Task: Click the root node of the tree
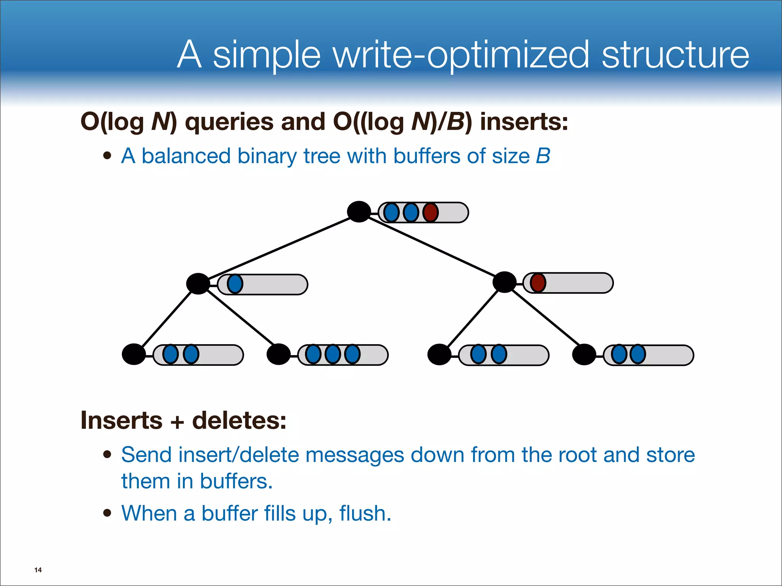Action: [x=359, y=212]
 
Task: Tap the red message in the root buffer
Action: [x=431, y=213]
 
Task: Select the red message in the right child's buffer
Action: [x=538, y=283]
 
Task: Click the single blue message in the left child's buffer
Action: [x=235, y=284]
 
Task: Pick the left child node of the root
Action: [x=198, y=284]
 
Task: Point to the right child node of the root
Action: [x=504, y=282]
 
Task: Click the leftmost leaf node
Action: [x=134, y=354]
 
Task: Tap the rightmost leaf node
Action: [x=584, y=354]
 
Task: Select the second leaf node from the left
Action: [x=278, y=354]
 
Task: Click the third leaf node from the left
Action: [x=439, y=354]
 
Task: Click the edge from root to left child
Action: [x=279, y=248]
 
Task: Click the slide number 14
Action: [x=38, y=570]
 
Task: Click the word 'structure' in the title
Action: [x=675, y=55]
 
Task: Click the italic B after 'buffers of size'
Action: [x=543, y=156]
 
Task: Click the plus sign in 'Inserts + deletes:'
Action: [x=177, y=422]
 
